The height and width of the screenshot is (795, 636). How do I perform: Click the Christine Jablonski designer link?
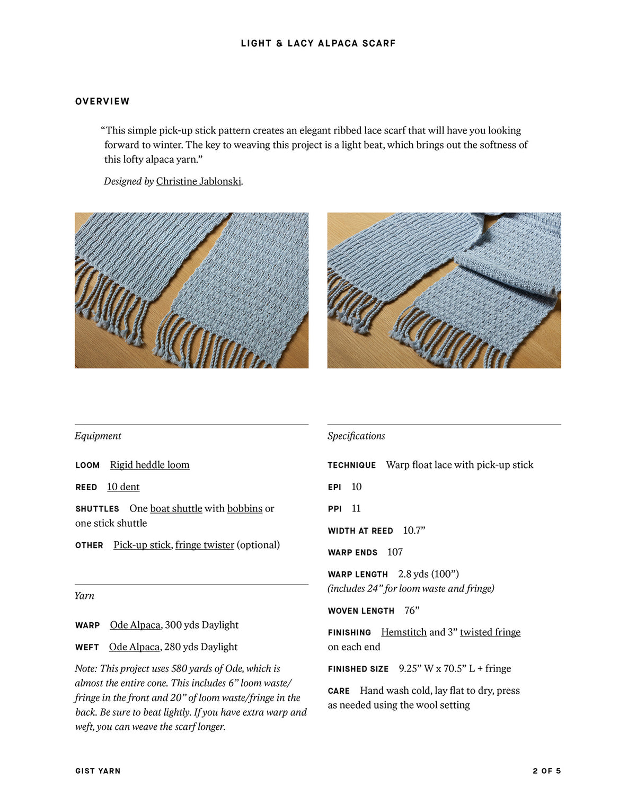click(199, 181)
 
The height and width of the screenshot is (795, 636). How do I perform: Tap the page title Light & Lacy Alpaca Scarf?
click(318, 43)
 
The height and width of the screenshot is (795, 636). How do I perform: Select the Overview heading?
click(102, 101)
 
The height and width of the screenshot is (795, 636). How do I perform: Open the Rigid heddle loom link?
click(149, 465)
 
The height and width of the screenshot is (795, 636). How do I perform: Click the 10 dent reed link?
click(123, 487)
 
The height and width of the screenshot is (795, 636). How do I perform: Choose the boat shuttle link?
click(176, 508)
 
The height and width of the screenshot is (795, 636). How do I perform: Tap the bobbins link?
click(245, 508)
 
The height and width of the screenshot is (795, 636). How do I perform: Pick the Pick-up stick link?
click(142, 545)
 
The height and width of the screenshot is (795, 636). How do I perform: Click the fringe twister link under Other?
click(205, 545)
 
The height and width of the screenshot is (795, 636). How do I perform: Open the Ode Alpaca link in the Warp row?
click(135, 625)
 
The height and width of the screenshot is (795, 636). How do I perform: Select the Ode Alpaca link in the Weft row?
click(134, 647)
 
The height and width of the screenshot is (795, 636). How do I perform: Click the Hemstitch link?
click(404, 632)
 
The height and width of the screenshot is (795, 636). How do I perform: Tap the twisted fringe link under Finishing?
click(490, 632)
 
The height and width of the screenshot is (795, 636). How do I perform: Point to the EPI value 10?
click(356, 487)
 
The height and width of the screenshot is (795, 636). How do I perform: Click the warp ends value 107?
click(395, 552)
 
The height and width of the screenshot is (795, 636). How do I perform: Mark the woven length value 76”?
click(412, 611)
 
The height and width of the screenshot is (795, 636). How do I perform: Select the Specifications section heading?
click(356, 436)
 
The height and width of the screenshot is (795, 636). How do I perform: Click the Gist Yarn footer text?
click(98, 771)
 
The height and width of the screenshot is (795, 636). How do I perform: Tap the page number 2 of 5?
click(546, 771)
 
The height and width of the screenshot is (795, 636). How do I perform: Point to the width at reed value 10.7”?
click(414, 531)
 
